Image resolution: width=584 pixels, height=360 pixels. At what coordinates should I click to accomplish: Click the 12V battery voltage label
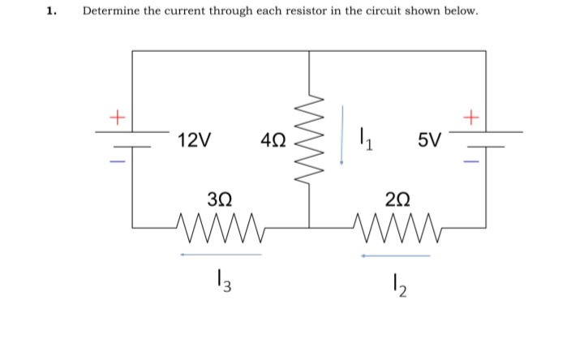[195, 140]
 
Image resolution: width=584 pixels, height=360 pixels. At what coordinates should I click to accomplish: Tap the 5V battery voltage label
[432, 140]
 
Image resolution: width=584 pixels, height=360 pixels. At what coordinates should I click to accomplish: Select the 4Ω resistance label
[273, 140]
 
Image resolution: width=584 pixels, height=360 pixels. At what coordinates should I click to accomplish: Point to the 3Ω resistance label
[221, 199]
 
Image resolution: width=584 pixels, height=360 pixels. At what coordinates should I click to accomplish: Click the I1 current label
[365, 140]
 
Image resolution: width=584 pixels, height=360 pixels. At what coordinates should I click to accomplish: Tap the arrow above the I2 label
[396, 256]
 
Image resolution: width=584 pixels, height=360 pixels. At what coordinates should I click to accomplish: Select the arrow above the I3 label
[221, 255]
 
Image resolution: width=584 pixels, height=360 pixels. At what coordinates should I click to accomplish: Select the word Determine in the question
[110, 12]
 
